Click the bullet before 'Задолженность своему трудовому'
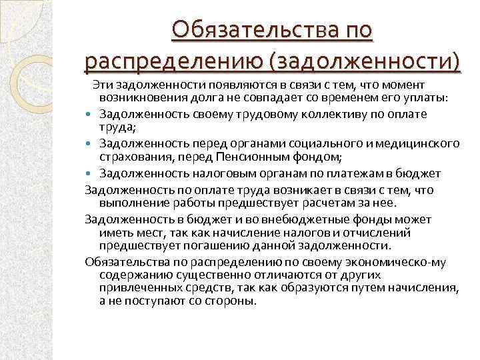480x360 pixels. (90, 114)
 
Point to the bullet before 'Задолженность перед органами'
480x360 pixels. (90, 143)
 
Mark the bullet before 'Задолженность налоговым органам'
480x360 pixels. (90, 173)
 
